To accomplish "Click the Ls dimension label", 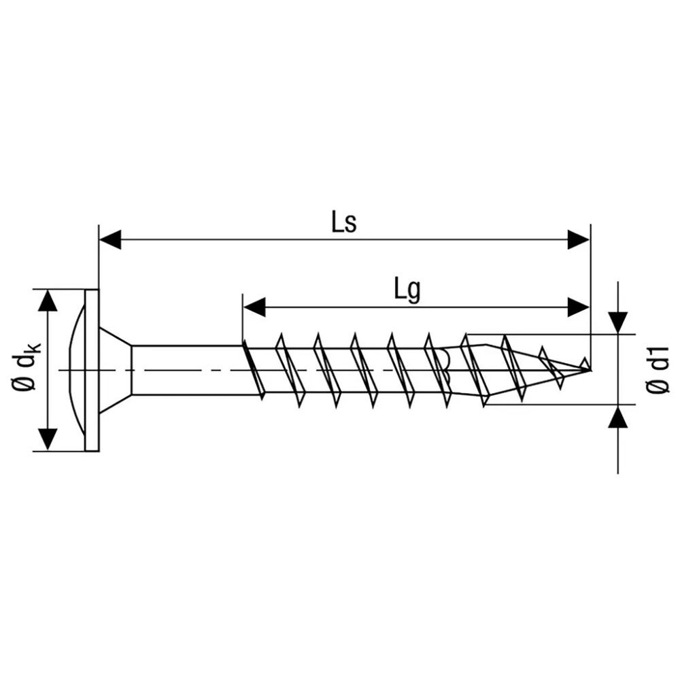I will tap(344, 224).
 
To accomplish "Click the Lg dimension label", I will tap(407, 290).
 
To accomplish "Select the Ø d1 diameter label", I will tap(658, 370).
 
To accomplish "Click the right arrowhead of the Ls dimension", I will tap(579, 239).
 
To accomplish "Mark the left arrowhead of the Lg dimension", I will tap(254, 307).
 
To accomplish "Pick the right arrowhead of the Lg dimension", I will tap(579, 307).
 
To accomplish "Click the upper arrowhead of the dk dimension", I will tap(47, 300).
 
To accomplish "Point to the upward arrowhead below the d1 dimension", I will tap(617, 417).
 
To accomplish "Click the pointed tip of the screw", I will tap(588, 369).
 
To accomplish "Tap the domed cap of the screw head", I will tap(76, 370).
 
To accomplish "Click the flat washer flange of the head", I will tap(92, 370).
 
